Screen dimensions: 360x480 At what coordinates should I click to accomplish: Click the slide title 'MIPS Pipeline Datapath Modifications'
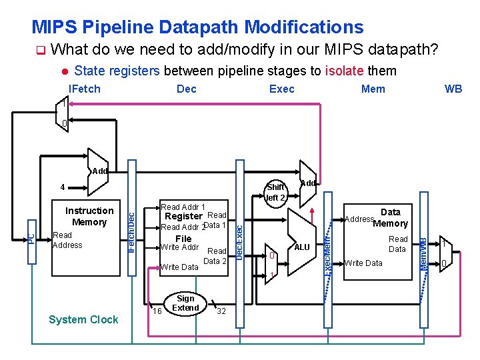tap(197, 27)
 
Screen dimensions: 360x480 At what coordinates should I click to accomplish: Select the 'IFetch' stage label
tap(85, 89)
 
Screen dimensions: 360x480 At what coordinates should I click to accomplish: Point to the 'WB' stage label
tap(453, 89)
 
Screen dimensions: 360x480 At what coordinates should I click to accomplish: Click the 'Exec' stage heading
tap(281, 89)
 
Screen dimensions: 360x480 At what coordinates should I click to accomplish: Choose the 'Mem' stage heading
tap(373, 89)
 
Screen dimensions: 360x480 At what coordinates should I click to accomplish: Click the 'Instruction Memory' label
tap(89, 217)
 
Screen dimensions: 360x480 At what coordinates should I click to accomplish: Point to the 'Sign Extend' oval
tap(185, 303)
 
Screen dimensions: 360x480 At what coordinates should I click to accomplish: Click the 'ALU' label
tap(302, 247)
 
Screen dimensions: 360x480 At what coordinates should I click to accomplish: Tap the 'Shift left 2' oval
tap(275, 192)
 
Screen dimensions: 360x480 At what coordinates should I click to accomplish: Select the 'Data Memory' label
tap(390, 218)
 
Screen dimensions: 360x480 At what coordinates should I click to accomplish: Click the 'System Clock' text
tap(83, 319)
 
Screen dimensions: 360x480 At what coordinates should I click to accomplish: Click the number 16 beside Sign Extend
tap(157, 311)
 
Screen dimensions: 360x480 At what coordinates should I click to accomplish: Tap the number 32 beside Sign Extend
tap(221, 311)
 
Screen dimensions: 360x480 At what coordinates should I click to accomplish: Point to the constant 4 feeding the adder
tap(61, 187)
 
